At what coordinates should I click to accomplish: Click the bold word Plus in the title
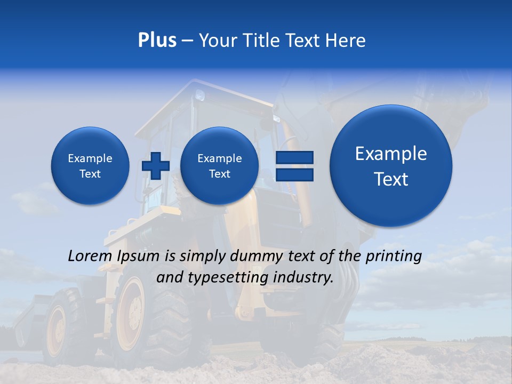pos(157,41)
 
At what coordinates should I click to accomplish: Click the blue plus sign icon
pos(155,165)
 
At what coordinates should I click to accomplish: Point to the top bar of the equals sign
pos(294,157)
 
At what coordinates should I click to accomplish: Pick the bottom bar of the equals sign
pos(294,174)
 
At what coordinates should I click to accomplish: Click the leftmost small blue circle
pos(90,165)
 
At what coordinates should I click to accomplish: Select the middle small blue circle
pos(219,165)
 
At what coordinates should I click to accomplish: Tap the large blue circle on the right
pos(391,166)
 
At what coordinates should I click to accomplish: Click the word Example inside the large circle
pos(391,154)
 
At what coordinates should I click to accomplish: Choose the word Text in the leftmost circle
pos(90,174)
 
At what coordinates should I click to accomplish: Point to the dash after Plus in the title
pos(187,41)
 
